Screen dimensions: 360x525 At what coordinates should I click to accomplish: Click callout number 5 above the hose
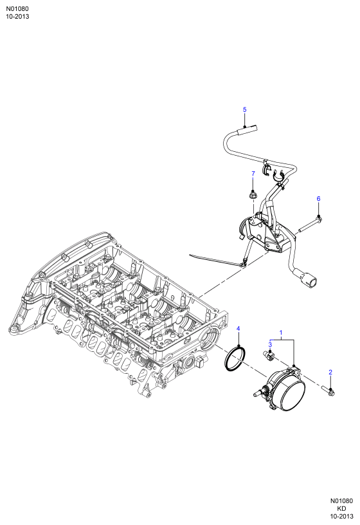(x=244, y=109)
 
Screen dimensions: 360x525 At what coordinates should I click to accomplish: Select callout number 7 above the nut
(x=253, y=174)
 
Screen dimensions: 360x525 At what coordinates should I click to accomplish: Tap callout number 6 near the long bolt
(x=318, y=199)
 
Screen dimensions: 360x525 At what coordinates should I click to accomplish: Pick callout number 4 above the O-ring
(x=239, y=329)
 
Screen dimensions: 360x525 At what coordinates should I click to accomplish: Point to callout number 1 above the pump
(x=281, y=333)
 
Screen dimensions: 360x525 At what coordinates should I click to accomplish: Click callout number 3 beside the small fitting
(x=270, y=344)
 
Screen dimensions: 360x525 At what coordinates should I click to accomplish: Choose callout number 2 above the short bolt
(x=330, y=372)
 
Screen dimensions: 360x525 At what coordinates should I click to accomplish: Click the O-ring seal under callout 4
(x=235, y=359)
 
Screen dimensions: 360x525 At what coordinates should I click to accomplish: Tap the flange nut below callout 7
(x=253, y=194)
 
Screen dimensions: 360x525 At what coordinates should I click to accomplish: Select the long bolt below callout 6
(x=310, y=225)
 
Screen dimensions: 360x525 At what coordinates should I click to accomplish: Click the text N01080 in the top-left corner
(x=17, y=9)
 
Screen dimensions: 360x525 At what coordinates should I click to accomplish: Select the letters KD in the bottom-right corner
(x=341, y=508)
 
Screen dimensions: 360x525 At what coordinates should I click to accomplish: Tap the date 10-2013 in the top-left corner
(x=17, y=17)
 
